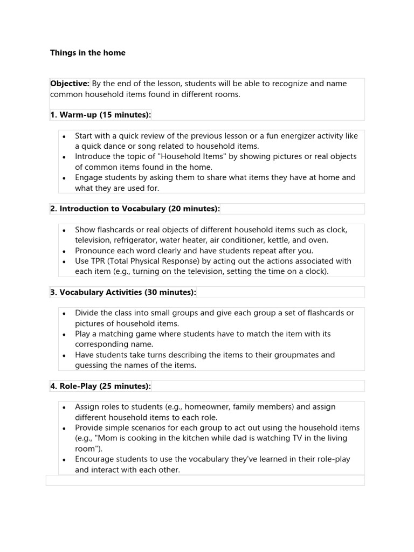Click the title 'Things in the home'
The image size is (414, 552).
click(x=87, y=53)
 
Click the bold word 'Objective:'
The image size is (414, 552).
click(x=70, y=84)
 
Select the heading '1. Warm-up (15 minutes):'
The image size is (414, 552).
click(x=100, y=115)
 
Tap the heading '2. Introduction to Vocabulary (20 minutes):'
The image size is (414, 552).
click(x=135, y=209)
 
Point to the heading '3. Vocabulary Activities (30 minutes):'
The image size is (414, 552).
click(x=123, y=292)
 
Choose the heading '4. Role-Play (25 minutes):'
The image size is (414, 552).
click(x=100, y=386)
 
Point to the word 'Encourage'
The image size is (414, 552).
click(x=95, y=459)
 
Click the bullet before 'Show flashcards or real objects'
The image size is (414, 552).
click(x=64, y=230)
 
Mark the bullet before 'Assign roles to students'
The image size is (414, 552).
click(x=64, y=408)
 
